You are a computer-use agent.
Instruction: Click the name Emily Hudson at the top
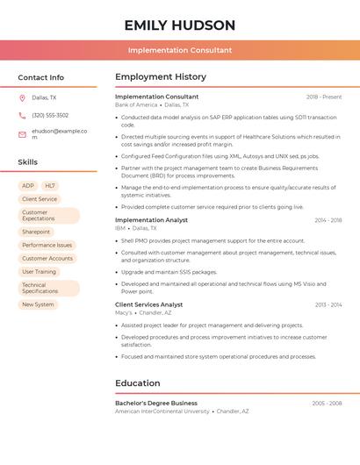(180, 25)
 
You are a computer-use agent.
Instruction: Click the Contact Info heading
(40, 77)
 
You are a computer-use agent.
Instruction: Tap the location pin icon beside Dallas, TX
(22, 98)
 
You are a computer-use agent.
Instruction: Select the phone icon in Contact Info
(22, 115)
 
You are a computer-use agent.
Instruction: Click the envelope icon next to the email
(22, 134)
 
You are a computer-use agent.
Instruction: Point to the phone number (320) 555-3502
(50, 115)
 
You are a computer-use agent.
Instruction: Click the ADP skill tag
(28, 186)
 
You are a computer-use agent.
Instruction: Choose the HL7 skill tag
(50, 186)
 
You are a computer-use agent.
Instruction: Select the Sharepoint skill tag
(36, 232)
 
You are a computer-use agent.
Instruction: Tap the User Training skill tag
(40, 271)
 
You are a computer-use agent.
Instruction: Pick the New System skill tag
(39, 304)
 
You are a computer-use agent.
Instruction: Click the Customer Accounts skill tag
(47, 258)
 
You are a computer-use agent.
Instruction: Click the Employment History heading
(161, 77)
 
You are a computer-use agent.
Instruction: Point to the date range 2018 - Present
(324, 97)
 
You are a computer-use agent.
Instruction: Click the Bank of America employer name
(136, 104)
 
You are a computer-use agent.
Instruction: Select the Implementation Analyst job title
(151, 219)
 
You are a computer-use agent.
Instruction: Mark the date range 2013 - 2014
(328, 304)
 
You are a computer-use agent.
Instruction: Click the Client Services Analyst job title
(148, 304)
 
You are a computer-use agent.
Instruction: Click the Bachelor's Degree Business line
(156, 403)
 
